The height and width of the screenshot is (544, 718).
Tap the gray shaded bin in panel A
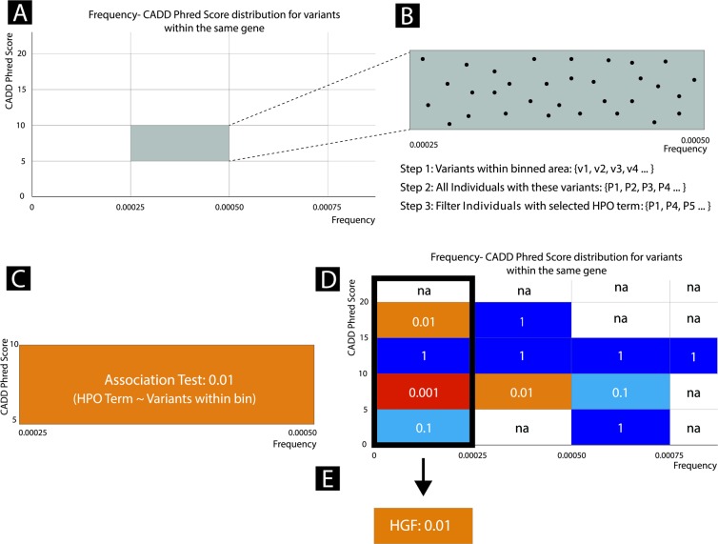coord(179,143)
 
